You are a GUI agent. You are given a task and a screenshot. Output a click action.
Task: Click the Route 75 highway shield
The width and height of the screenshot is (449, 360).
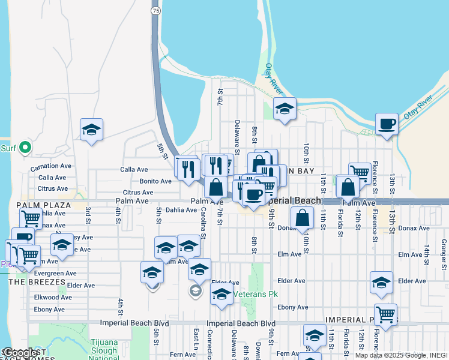(156, 11)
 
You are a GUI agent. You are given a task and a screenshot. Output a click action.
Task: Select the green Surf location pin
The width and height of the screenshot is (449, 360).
(24, 147)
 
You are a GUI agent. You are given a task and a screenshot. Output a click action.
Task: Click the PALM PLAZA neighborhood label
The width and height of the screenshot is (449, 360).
(44, 205)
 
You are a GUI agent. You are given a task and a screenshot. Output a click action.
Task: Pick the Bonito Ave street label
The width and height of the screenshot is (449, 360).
(155, 181)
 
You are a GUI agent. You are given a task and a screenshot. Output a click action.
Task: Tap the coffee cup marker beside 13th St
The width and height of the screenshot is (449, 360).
(387, 124)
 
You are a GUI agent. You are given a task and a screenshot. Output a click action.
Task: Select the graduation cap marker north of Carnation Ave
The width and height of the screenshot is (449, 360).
(91, 130)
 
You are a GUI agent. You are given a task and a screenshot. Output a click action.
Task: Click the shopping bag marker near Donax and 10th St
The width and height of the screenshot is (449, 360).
(304, 218)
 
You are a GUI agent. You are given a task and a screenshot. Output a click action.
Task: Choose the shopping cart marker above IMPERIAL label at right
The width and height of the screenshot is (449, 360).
(385, 313)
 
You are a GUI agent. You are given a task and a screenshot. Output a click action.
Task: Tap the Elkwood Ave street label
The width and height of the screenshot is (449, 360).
(53, 297)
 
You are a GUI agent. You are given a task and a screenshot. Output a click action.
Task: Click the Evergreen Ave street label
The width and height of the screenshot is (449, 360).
(50, 274)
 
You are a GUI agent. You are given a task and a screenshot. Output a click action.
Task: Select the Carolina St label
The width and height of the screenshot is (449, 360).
(203, 222)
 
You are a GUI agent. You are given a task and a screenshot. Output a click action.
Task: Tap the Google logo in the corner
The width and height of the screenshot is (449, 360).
(20, 353)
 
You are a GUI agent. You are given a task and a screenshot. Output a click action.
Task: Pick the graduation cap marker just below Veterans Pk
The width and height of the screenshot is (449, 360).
(221, 295)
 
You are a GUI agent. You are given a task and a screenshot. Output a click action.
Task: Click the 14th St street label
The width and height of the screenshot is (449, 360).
(427, 251)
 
